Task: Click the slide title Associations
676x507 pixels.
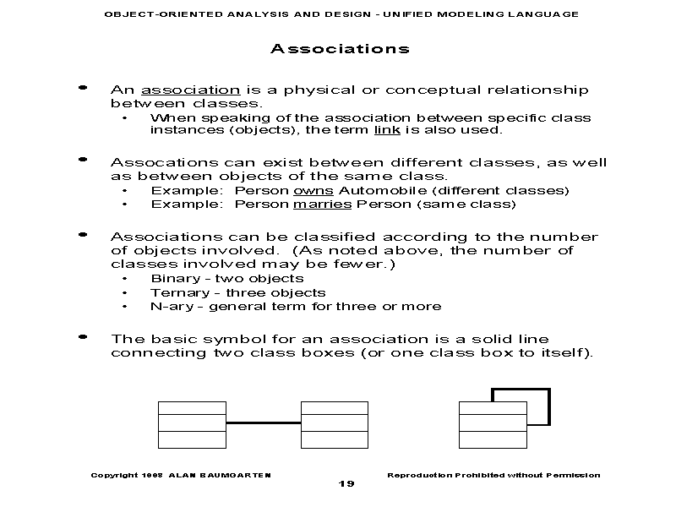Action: [x=340, y=49]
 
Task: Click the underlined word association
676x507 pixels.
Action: [x=190, y=90]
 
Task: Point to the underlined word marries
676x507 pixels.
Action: [x=323, y=204]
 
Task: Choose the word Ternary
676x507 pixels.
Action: [x=174, y=292]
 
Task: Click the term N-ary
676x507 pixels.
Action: [x=166, y=307]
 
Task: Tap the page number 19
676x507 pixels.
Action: [x=346, y=483]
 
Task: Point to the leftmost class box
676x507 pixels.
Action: [x=192, y=423]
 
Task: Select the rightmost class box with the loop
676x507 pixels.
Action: [x=493, y=423]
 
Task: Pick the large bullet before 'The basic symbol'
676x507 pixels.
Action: [x=83, y=336]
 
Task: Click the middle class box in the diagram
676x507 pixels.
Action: [x=335, y=423]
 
